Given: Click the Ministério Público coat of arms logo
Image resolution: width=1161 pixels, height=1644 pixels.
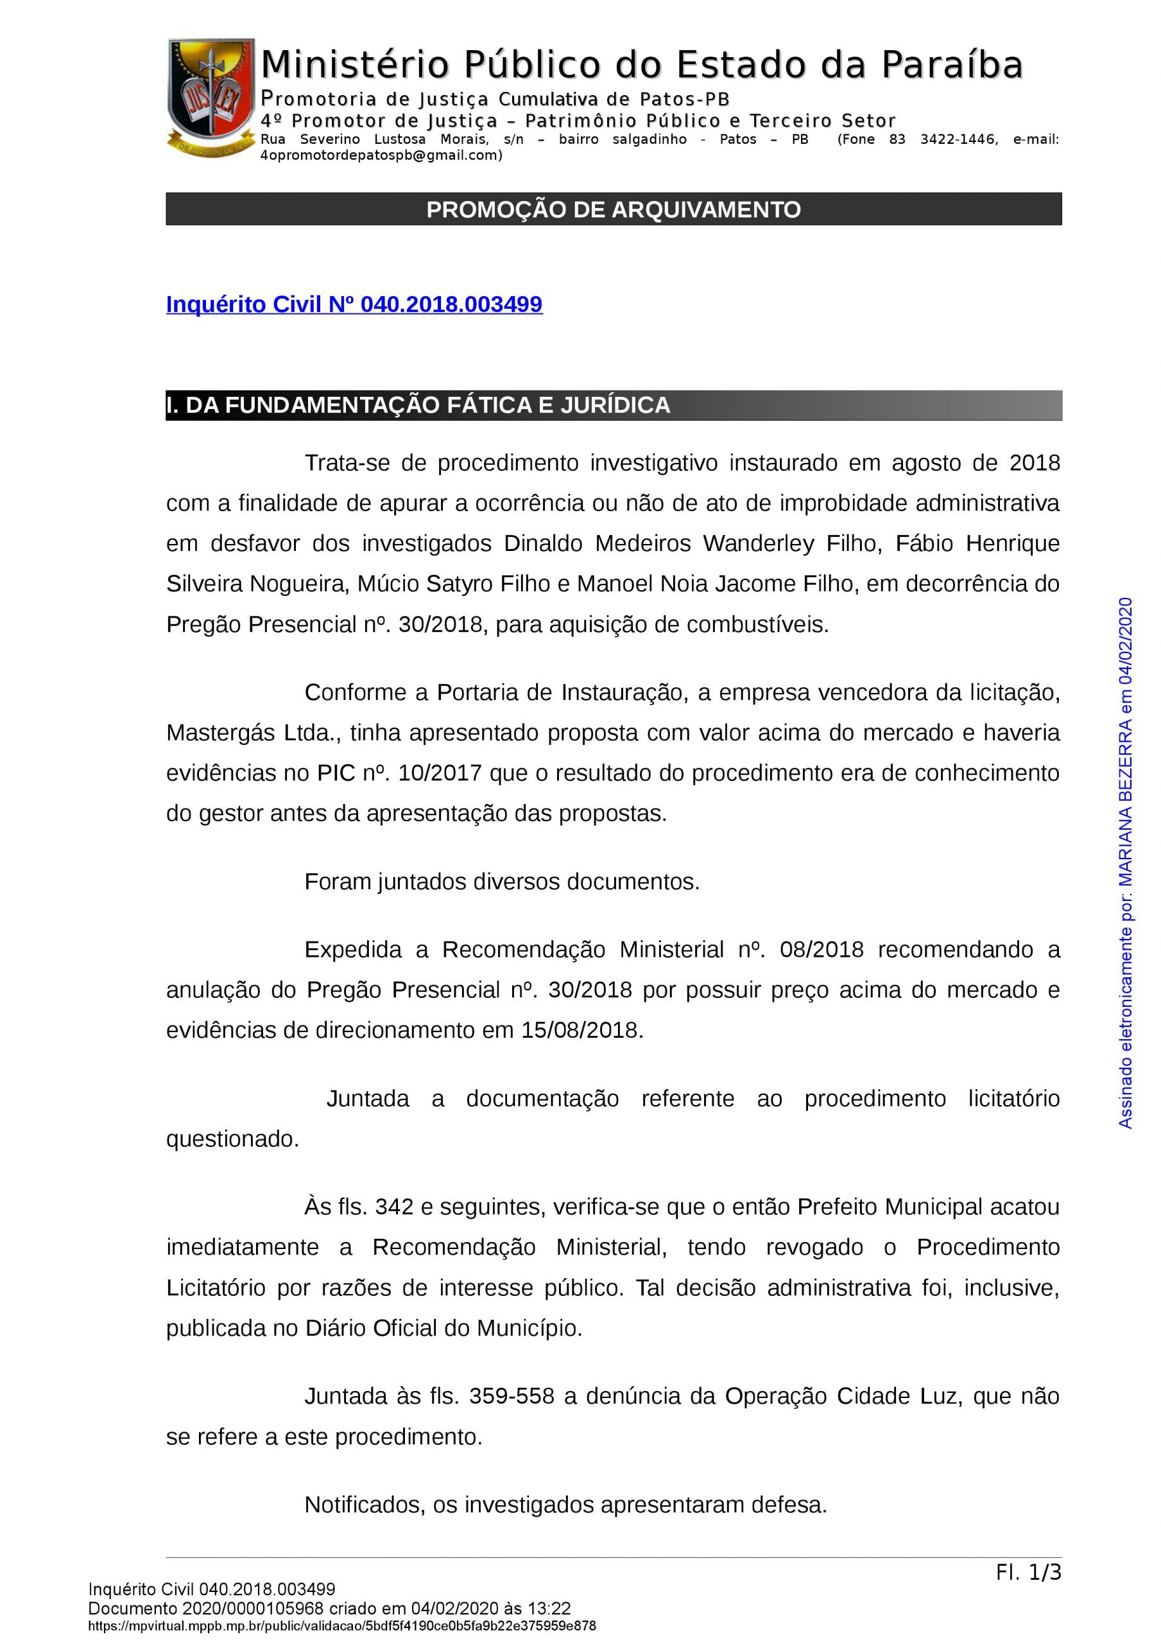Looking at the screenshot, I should pos(211,97).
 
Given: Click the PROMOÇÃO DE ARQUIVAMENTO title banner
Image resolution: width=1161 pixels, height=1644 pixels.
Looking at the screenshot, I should pos(614,209).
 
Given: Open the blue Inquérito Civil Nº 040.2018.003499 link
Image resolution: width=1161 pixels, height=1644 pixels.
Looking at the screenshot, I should pos(354,304).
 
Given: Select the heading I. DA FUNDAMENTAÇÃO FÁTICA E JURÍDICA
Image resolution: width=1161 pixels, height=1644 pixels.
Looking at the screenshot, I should pos(418,405).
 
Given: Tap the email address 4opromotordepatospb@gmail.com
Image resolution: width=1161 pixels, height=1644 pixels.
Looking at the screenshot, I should pos(381,155).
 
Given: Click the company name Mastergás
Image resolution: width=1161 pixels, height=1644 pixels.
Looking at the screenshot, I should pos(221,733).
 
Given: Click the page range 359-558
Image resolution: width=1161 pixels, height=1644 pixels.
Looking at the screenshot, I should pos(511,1396).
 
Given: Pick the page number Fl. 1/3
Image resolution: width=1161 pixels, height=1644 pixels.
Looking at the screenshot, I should pos(1028,1573).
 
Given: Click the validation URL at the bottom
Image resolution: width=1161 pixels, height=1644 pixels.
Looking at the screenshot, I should pos(342,1626).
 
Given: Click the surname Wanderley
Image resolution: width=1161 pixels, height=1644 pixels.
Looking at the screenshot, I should pos(758,544).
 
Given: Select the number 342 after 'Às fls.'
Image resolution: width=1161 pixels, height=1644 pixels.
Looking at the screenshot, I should pos(393,1207).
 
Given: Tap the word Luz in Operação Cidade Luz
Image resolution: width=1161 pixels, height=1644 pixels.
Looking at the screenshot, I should pos(938,1396).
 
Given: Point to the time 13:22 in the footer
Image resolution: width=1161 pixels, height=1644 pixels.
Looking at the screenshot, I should pos(548,1609).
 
